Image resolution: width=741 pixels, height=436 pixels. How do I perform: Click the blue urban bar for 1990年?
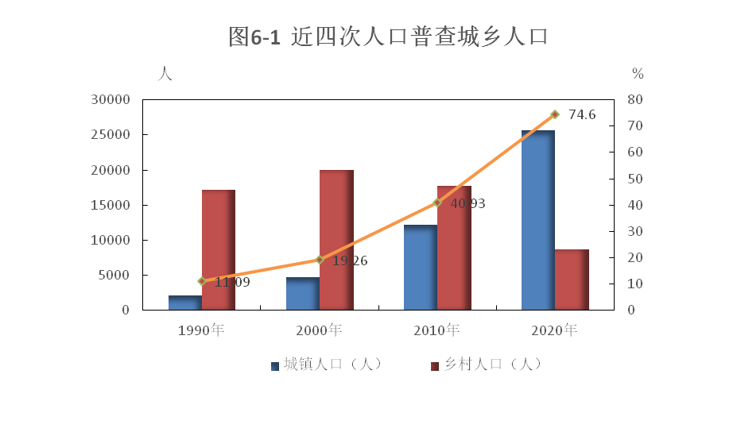click(x=184, y=303)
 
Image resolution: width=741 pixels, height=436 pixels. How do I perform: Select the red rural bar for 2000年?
click(x=336, y=240)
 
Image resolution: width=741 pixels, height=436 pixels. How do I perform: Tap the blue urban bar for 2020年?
click(x=537, y=220)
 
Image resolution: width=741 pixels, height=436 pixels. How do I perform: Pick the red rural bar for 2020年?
click(x=572, y=280)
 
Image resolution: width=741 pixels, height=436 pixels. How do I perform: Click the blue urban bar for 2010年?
click(x=420, y=268)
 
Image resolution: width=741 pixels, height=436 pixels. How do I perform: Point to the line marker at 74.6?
click(x=555, y=114)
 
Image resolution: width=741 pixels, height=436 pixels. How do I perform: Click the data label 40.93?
click(x=467, y=204)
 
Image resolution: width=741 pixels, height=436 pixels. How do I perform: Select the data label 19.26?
click(x=350, y=260)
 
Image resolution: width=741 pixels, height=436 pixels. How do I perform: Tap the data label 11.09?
click(x=232, y=282)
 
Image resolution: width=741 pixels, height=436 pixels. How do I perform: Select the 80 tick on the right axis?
click(x=634, y=100)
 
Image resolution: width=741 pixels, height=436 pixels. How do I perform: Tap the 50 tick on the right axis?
click(x=634, y=179)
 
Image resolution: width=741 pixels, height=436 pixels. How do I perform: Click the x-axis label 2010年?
click(x=436, y=330)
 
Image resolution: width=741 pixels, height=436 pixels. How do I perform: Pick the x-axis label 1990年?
click(x=201, y=330)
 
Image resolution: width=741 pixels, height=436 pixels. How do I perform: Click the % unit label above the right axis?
click(x=638, y=74)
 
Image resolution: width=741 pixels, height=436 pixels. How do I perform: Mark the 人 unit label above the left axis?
click(x=165, y=74)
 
